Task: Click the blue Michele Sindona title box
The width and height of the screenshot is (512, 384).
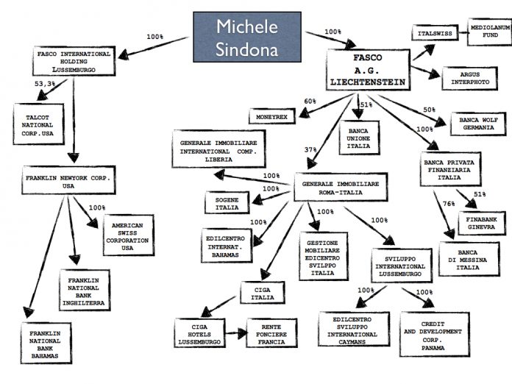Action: (247, 38)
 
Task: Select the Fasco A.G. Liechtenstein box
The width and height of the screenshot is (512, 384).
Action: (368, 70)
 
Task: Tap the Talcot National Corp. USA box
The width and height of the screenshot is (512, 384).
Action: (38, 124)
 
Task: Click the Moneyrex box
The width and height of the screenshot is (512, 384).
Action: (272, 116)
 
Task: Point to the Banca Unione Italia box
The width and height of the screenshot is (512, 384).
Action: (359, 138)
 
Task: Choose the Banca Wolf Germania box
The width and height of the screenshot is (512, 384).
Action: (478, 124)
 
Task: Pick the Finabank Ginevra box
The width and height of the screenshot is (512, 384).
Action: (482, 224)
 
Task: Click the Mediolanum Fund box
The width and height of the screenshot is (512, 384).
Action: (489, 32)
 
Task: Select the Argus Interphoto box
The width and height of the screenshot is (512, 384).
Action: (470, 79)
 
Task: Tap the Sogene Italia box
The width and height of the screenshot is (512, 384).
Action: (227, 203)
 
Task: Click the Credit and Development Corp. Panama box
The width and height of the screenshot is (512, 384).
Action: (434, 335)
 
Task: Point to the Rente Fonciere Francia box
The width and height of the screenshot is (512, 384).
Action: (271, 333)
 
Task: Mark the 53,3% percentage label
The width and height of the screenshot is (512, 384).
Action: (45, 84)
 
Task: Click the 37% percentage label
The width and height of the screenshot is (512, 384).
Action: (310, 149)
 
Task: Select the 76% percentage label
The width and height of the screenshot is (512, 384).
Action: (449, 204)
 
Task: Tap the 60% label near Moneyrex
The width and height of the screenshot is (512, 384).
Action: (310, 102)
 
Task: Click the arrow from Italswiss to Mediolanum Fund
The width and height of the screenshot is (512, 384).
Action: (463, 33)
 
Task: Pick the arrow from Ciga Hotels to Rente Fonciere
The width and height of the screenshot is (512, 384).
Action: (236, 333)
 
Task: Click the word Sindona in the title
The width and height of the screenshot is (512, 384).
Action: (247, 49)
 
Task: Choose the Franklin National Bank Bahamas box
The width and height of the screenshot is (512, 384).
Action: (46, 344)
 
